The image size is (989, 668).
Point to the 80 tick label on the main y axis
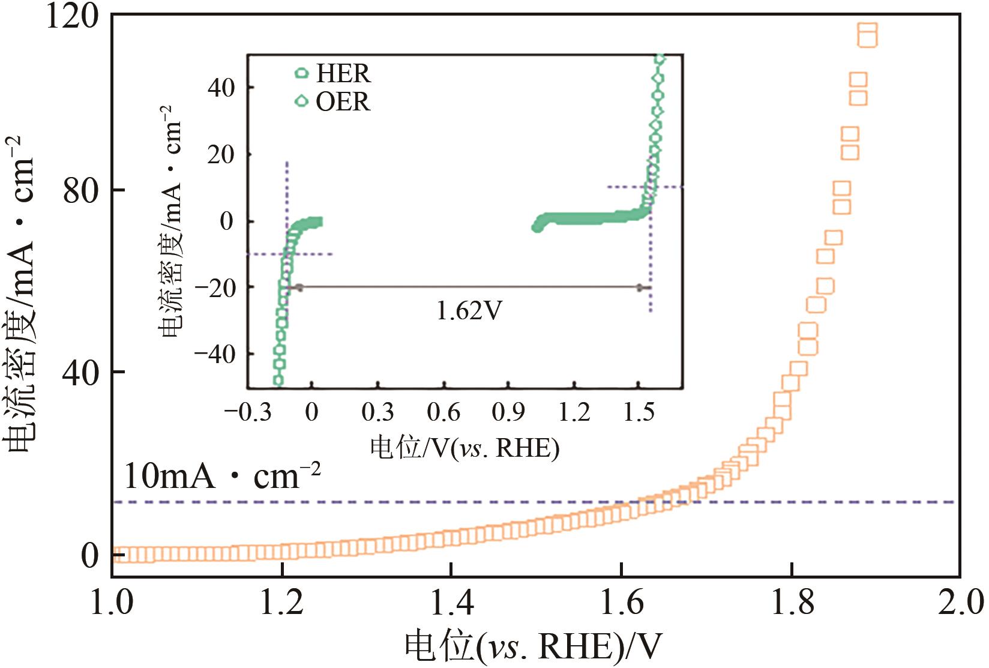pos(81,190)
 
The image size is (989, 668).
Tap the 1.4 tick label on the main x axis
pos(452,603)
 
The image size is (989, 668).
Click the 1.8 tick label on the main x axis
pos(792,603)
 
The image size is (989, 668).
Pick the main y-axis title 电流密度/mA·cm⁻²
pos(20,294)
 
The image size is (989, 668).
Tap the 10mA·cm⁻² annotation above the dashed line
pos(222,476)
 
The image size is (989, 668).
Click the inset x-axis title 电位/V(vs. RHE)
pos(464,448)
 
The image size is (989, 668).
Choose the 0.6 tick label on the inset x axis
pos(443,413)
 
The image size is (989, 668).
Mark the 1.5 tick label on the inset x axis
pos(639,413)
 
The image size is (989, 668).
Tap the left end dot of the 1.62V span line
pos(299,287)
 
